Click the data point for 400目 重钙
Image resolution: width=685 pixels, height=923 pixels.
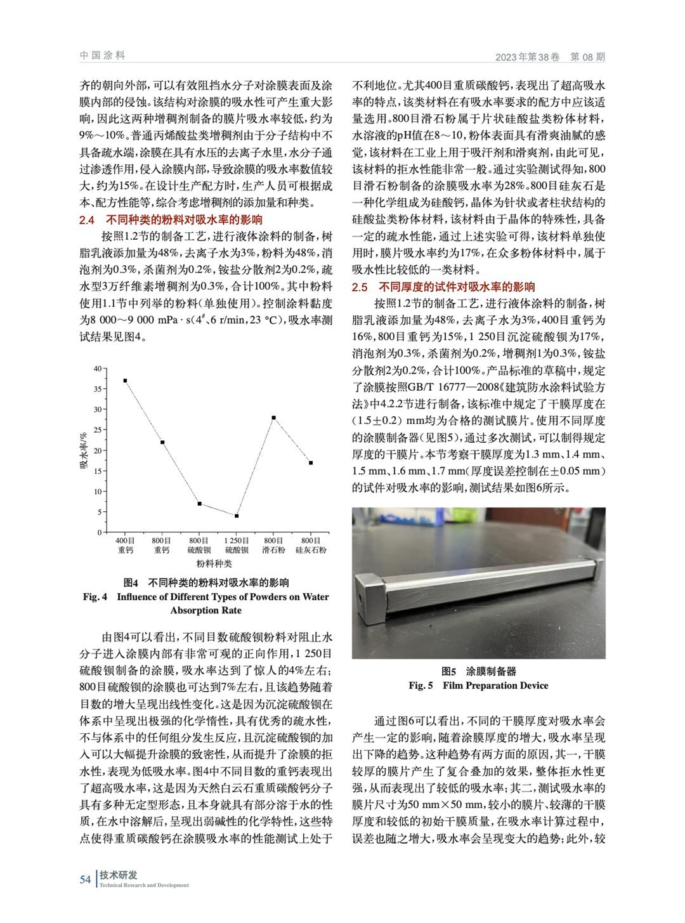point(125,381)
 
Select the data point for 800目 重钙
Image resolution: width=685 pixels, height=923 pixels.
point(162,442)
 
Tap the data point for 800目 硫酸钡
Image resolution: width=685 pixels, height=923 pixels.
point(199,504)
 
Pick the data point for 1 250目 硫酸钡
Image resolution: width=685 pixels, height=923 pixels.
point(237,516)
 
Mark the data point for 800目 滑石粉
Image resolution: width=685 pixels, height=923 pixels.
point(273,417)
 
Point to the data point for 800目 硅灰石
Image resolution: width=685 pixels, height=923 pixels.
point(311,462)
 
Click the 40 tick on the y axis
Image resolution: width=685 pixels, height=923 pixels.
point(97,369)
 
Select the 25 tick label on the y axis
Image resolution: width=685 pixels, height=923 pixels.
point(97,430)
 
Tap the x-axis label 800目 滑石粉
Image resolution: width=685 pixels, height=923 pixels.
point(273,545)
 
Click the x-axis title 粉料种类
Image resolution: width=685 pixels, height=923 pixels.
point(214,563)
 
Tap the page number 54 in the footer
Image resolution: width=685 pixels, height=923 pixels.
point(86,879)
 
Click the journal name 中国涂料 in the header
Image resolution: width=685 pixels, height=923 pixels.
point(103,56)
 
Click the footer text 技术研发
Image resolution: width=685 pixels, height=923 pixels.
point(119,875)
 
